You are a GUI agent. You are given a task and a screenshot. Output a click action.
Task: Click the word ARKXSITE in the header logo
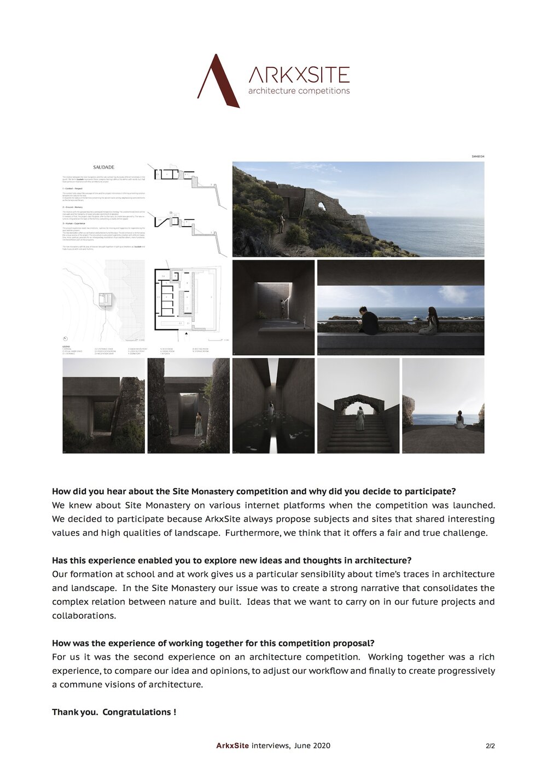click(x=299, y=75)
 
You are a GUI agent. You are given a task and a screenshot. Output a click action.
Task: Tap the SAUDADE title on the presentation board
click(x=103, y=167)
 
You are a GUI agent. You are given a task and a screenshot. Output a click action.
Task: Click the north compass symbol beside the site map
click(x=66, y=338)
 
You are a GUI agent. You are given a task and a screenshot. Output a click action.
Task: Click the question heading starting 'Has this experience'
click(x=231, y=561)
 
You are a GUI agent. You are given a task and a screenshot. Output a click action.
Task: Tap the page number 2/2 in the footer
click(x=490, y=746)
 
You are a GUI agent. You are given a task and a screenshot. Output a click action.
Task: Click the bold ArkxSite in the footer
click(x=232, y=746)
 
